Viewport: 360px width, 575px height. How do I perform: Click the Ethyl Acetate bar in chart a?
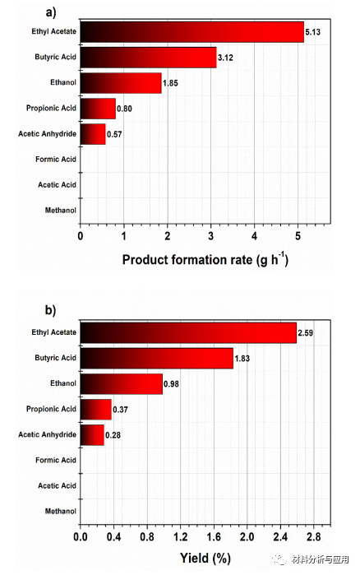[192, 32]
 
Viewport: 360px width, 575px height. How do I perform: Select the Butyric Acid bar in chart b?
[156, 358]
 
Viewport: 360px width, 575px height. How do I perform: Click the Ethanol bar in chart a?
[121, 83]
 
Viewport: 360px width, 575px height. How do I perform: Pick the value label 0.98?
[173, 384]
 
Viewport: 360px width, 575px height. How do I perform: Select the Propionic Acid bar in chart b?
[95, 409]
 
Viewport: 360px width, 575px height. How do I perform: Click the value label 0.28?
[113, 434]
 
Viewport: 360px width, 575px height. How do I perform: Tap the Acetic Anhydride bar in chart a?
[93, 133]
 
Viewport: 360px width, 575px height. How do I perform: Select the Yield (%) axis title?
[205, 559]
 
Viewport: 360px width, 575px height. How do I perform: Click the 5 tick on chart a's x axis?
[298, 236]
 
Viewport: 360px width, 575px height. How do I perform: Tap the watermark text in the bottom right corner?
[321, 561]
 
